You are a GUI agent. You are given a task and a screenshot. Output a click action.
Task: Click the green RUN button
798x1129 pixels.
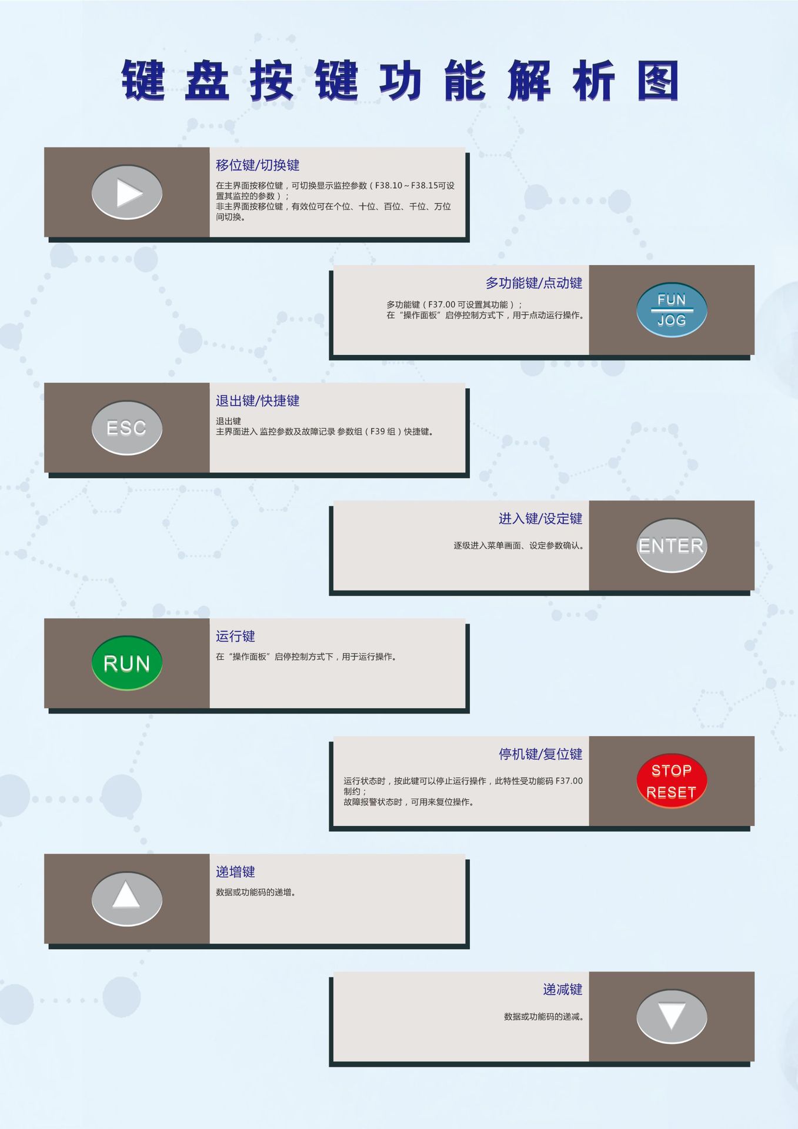126,663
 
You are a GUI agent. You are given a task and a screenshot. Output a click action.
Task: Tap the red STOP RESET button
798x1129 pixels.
671,781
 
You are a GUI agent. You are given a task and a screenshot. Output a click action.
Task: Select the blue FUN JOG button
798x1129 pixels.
671,310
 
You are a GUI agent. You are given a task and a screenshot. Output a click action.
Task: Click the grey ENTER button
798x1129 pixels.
671,546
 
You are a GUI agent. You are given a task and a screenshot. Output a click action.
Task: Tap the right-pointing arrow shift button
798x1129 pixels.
126,193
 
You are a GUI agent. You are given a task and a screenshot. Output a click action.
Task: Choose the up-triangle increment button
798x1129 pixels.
126,898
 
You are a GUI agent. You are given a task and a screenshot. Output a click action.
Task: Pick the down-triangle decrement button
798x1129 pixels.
671,1016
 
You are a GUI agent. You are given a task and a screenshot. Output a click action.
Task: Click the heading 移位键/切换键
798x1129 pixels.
257,165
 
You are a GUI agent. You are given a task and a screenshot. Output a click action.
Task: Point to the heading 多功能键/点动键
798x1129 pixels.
533,283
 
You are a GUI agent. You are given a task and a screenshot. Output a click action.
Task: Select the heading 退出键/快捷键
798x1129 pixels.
257,401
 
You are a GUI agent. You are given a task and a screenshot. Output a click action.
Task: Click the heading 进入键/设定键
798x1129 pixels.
540,519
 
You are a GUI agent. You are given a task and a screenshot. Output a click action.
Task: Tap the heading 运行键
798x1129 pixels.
235,636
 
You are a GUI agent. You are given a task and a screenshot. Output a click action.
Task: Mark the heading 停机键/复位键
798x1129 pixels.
540,754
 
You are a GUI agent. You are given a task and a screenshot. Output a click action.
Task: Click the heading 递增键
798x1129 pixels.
235,872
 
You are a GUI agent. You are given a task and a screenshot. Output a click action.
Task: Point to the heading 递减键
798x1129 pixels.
562,990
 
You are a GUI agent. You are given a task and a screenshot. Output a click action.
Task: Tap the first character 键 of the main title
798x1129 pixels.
143,81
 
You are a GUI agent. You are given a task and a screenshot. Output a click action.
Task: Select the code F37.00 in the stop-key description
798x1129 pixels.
569,781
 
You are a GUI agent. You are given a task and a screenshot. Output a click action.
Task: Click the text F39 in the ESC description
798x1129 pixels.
378,432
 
